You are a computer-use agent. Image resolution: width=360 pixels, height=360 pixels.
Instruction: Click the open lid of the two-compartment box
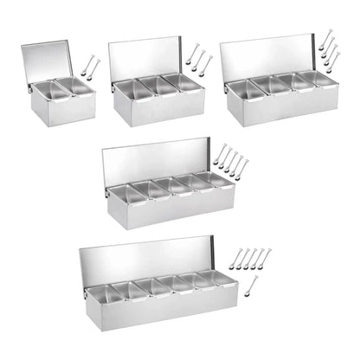[x=50, y=61]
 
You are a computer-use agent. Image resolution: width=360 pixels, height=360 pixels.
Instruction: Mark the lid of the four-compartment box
[x=268, y=58]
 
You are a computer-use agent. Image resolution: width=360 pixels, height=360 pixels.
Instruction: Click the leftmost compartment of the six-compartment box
[x=98, y=292]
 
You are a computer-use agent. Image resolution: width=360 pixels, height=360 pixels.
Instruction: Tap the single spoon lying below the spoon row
[x=250, y=284]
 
